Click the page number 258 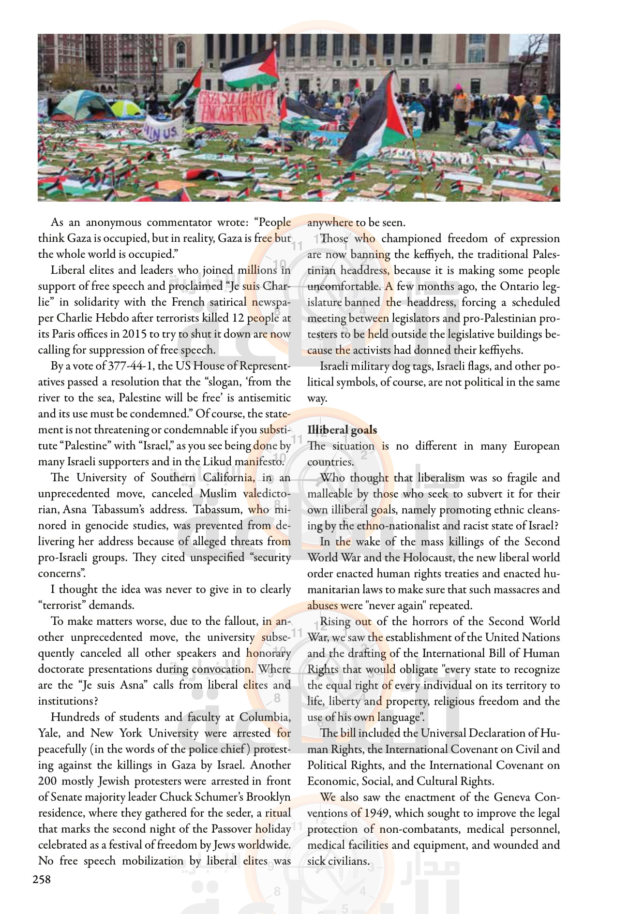pyautogui.click(x=42, y=880)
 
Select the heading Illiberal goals pyautogui.click(x=342, y=430)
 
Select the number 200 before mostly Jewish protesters pyautogui.click(x=47, y=781)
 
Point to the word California pyautogui.click(x=227, y=478)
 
